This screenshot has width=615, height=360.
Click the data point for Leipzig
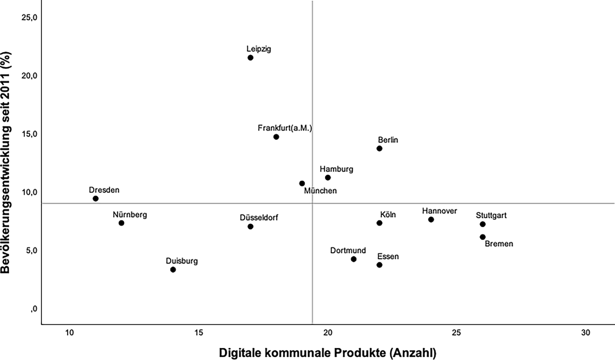(x=250, y=57)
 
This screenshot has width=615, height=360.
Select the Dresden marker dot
(x=96, y=198)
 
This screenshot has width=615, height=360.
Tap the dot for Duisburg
(x=173, y=270)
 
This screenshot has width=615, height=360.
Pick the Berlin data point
(x=379, y=148)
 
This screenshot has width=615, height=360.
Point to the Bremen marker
(x=483, y=237)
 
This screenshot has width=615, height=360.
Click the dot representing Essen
(x=379, y=265)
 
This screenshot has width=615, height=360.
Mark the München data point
(x=302, y=183)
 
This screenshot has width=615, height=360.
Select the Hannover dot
(x=431, y=219)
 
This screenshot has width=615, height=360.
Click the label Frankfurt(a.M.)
(x=285, y=128)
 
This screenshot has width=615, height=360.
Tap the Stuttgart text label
(x=492, y=215)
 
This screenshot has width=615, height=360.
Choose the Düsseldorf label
(x=259, y=218)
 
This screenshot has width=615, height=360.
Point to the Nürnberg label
(x=130, y=215)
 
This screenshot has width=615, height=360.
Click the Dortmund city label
(x=348, y=250)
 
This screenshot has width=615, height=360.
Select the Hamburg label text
(x=336, y=169)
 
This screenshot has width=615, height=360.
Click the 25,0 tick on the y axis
(x=29, y=18)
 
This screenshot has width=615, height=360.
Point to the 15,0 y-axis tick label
(x=29, y=134)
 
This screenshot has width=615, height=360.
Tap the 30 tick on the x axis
(x=586, y=333)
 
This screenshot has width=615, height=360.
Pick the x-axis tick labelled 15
(x=199, y=333)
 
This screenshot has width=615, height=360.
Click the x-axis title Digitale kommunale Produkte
(x=302, y=353)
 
